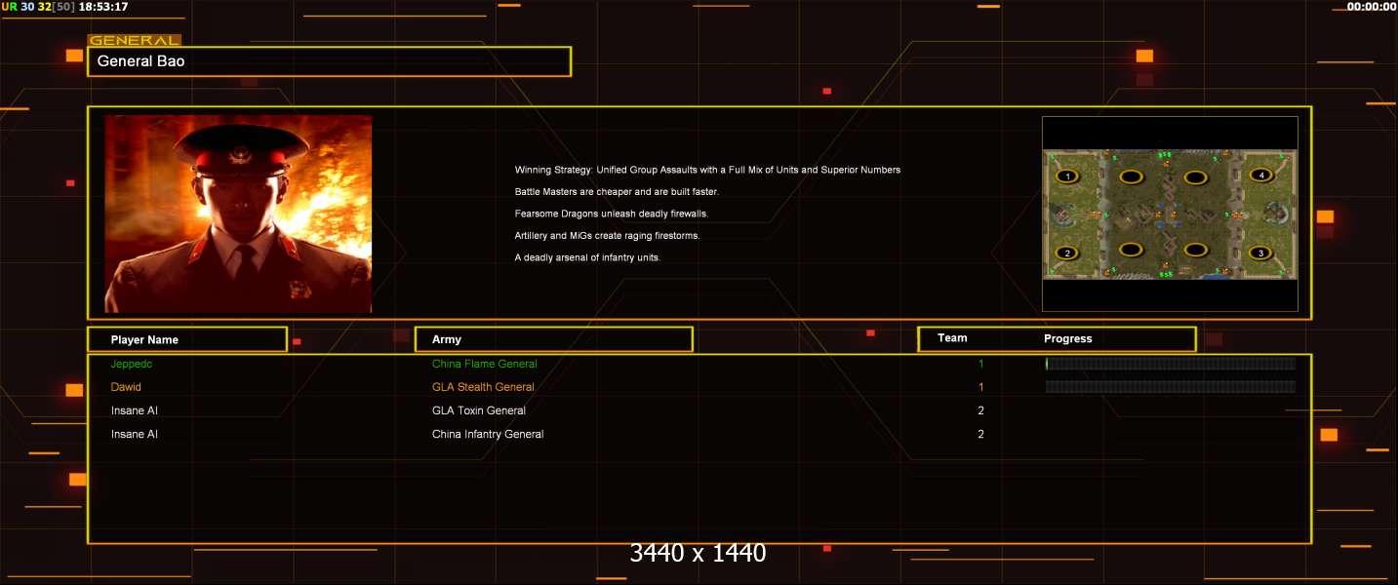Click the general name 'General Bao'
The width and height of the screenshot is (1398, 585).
(x=140, y=61)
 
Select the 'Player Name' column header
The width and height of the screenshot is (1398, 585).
(x=144, y=340)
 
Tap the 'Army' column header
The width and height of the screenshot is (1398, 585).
(x=446, y=339)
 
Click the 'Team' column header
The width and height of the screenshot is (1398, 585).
(x=952, y=338)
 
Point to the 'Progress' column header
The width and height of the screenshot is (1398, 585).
(x=1068, y=338)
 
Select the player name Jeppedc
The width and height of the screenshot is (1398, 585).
(x=131, y=365)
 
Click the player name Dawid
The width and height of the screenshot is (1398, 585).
(x=126, y=387)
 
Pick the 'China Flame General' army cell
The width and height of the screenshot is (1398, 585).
(x=484, y=364)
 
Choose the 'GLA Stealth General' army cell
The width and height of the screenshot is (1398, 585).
(x=483, y=387)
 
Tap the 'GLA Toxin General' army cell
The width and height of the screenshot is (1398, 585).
(x=479, y=410)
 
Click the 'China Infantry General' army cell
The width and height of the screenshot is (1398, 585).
(x=488, y=434)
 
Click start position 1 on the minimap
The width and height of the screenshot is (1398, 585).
(x=1067, y=176)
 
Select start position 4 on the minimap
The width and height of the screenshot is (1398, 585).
(x=1261, y=175)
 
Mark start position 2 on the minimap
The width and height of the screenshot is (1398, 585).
(x=1067, y=253)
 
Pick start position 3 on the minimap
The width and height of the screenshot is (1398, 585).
(x=1260, y=253)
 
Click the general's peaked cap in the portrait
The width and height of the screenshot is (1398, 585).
(x=240, y=150)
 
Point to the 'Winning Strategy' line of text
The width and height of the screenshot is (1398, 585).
(x=707, y=170)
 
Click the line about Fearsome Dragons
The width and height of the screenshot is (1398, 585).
(x=611, y=214)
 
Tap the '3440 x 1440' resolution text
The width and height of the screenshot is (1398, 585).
(x=698, y=553)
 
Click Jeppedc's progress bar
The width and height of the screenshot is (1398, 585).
(x=1170, y=364)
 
